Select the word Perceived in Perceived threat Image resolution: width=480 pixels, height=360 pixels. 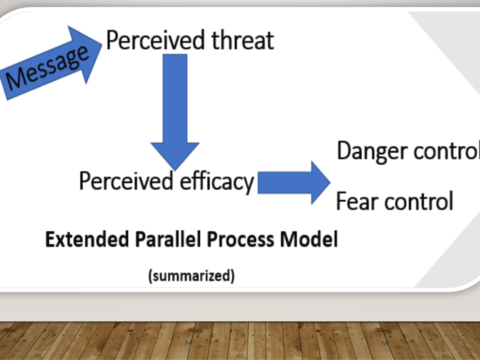coord(151,41)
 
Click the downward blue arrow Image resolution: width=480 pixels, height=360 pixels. coord(175,110)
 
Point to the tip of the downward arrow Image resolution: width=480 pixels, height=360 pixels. coord(175,166)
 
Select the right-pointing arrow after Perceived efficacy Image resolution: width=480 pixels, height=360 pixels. coord(294,182)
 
